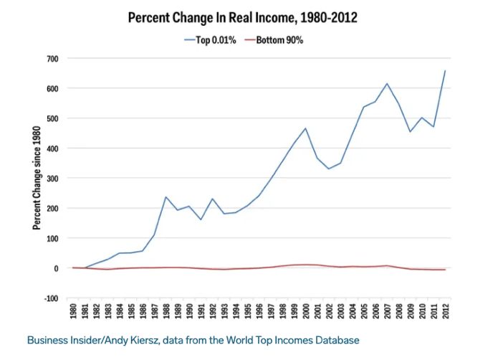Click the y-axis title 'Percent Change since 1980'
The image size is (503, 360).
(37, 178)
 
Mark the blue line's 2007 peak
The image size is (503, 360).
(387, 84)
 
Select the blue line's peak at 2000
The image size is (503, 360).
(306, 128)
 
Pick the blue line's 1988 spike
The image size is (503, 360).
(166, 196)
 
